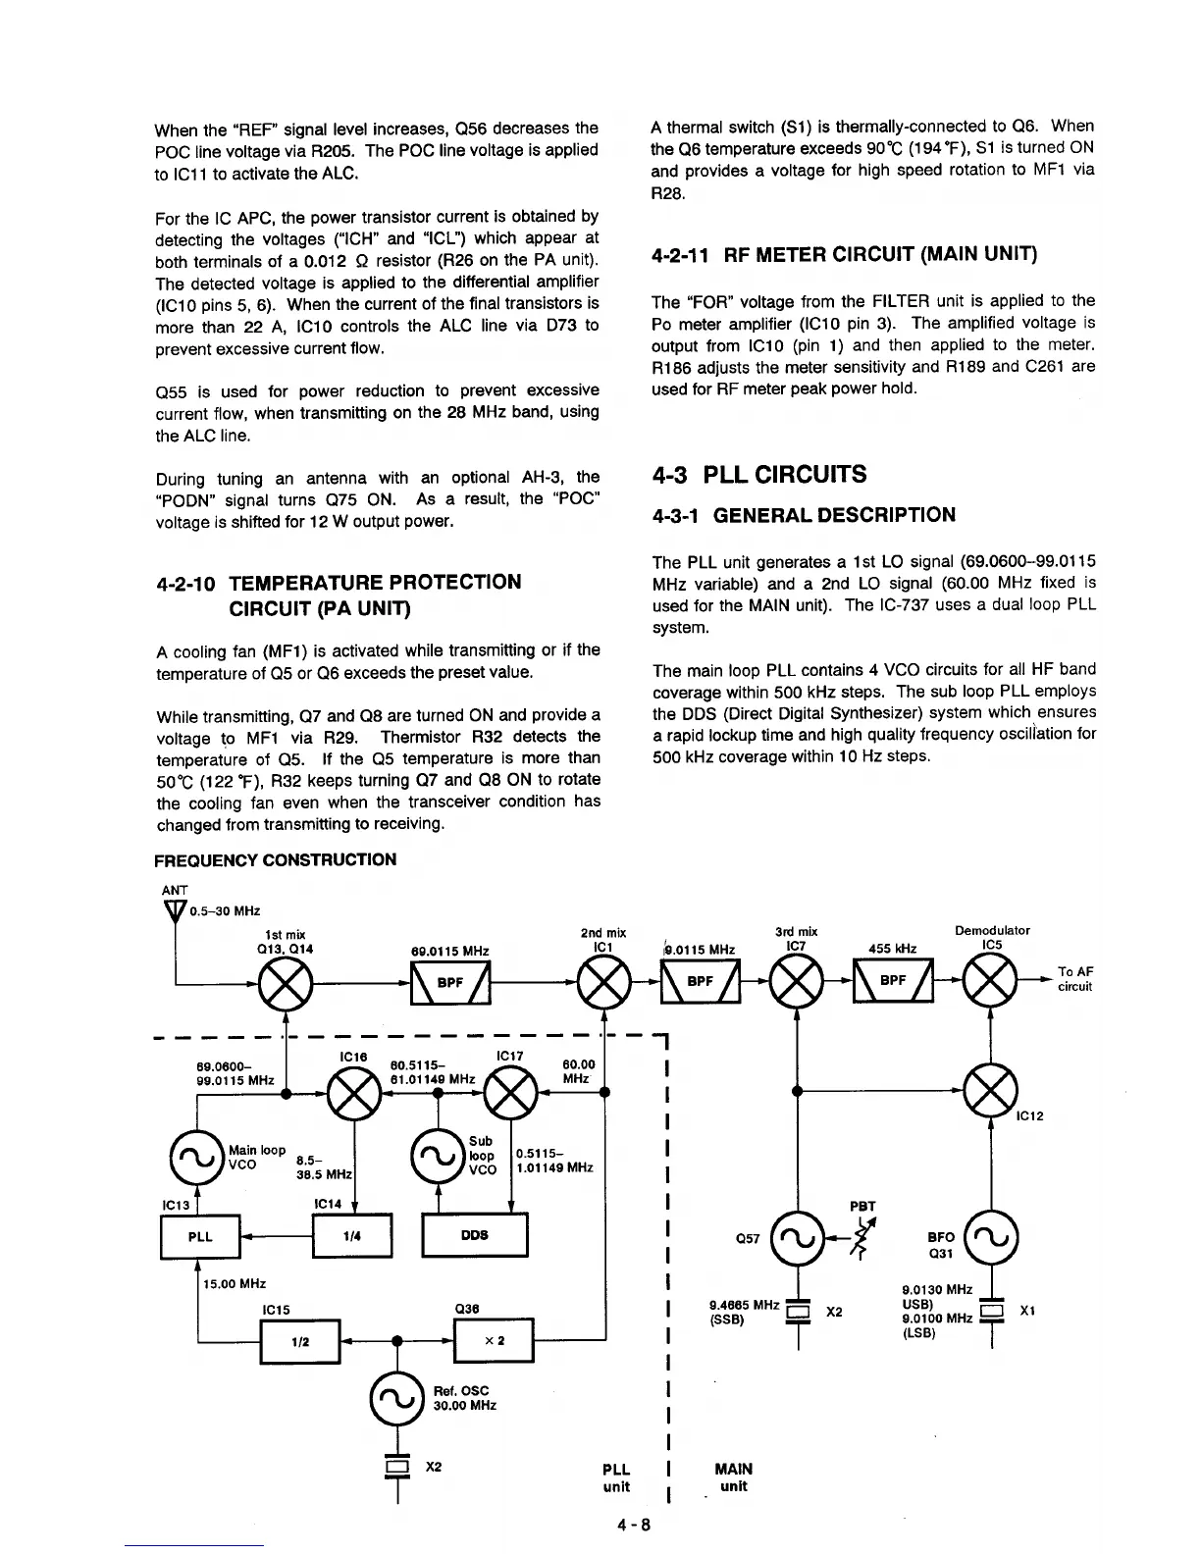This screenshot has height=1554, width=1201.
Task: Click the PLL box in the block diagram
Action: click(199, 1236)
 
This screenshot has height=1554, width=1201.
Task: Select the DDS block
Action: click(474, 1235)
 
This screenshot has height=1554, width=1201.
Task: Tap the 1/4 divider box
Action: click(351, 1236)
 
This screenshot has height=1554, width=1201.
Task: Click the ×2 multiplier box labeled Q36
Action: click(494, 1341)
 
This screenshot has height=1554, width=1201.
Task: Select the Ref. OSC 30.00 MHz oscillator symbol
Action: click(397, 1397)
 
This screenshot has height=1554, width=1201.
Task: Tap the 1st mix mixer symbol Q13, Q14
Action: click(284, 982)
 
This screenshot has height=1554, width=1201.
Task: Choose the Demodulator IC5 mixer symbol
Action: click(992, 982)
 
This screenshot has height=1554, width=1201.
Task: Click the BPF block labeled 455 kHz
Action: click(892, 982)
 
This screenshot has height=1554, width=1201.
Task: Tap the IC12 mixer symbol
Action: click(992, 1090)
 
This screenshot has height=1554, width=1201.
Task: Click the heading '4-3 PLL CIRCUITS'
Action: click(759, 475)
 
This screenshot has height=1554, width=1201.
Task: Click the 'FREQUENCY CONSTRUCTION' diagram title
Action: click(276, 859)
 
